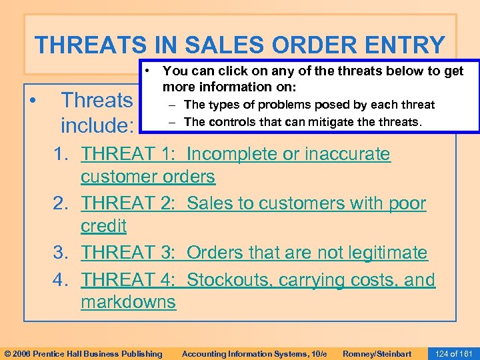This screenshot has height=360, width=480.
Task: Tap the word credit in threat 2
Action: [103, 226]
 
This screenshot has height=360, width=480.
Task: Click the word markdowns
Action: [128, 302]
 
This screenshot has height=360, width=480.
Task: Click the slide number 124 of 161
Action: [453, 353]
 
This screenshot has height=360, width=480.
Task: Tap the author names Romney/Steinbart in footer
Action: [376, 353]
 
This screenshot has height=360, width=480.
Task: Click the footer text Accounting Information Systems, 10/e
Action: [254, 353]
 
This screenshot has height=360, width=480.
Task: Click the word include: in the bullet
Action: [98, 125]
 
